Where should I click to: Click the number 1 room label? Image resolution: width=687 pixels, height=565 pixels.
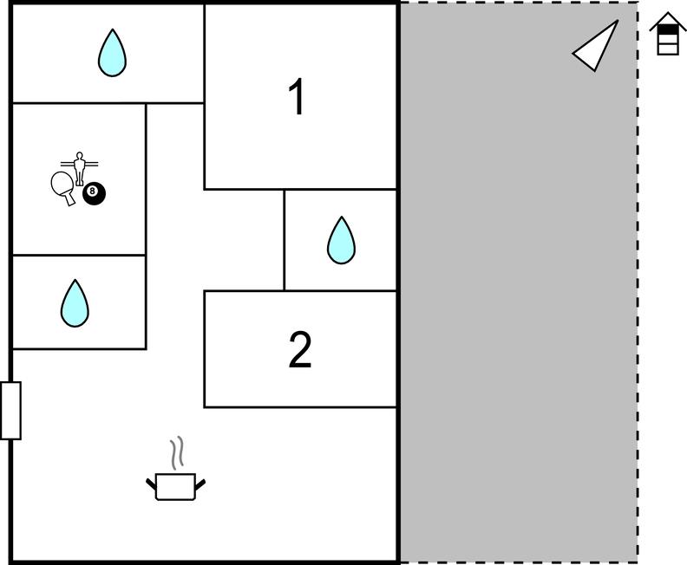(297, 97)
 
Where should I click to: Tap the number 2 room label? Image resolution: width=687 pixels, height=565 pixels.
(300, 349)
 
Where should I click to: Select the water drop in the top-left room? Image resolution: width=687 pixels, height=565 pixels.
(112, 53)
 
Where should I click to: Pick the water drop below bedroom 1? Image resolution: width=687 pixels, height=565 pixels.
(341, 240)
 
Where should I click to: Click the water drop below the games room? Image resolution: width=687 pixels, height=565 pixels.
(75, 303)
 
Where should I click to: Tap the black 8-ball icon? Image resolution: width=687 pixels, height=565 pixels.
(94, 193)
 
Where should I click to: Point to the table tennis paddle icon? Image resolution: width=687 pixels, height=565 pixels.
(62, 186)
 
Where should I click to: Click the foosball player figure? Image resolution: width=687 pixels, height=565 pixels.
(79, 169)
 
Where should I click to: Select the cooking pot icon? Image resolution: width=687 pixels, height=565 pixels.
(176, 486)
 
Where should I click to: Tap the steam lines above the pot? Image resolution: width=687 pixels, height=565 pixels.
(177, 452)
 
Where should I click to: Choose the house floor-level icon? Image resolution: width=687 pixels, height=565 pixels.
(668, 34)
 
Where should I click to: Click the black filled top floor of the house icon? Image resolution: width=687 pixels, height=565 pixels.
(668, 29)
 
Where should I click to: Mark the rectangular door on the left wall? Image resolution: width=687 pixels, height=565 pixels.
(10, 411)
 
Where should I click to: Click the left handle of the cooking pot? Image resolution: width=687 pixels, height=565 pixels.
(151, 484)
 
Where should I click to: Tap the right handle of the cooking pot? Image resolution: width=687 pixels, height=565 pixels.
(200, 484)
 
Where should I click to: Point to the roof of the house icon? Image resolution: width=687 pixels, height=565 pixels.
(668, 21)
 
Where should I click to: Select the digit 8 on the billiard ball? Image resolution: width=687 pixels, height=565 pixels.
(92, 191)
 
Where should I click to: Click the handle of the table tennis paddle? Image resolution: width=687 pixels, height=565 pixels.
(69, 199)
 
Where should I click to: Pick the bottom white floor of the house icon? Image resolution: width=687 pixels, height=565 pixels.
(668, 49)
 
